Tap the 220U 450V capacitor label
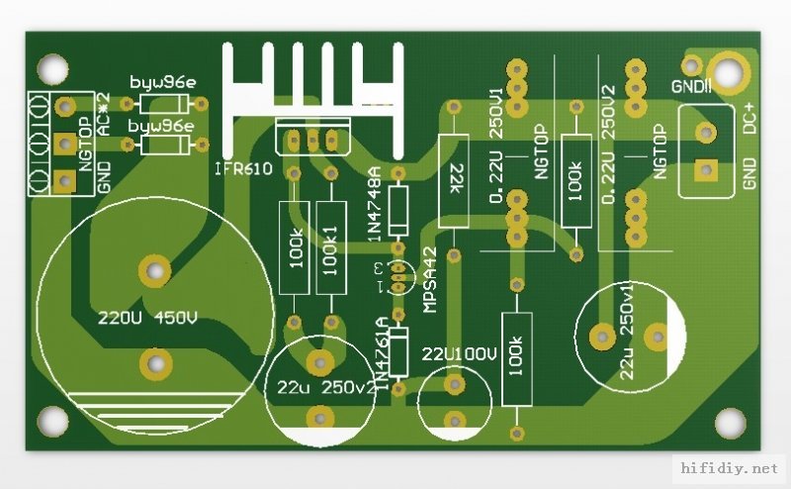click(x=147, y=319)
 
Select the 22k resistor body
click(x=455, y=180)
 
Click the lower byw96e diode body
click(x=164, y=146)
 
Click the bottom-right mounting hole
click(x=731, y=424)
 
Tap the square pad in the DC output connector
click(x=705, y=170)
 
